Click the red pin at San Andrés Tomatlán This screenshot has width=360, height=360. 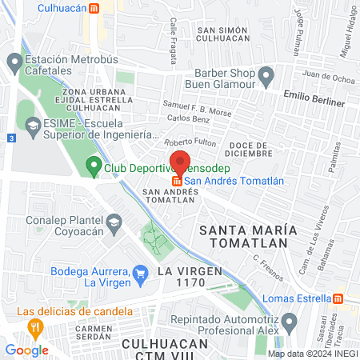coord(180,162)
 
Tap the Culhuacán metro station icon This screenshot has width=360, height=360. coord(94,9)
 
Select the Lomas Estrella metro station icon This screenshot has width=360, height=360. coord(338,298)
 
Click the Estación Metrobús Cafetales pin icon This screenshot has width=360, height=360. coord(14,61)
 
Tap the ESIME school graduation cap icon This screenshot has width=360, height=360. coord(33,125)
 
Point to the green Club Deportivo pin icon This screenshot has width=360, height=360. coord(94,169)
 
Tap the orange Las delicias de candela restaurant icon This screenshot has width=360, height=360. coord(34,326)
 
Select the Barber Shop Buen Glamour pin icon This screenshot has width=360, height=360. coord(269,76)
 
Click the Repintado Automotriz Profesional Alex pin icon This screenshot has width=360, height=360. coord(290,323)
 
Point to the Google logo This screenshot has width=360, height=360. coord(26,350)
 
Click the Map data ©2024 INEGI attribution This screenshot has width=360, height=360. coord(311,354)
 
